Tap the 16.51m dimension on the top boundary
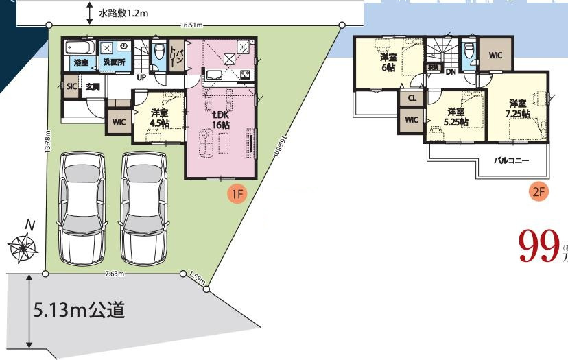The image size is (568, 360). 192,25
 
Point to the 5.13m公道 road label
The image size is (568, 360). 79,311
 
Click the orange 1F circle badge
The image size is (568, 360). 237,194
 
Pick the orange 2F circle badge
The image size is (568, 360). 539,191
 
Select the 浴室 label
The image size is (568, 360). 81,62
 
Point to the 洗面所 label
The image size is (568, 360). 114,62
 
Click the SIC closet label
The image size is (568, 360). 71,86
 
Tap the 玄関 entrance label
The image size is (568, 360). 93,86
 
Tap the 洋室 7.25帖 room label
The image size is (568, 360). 518,107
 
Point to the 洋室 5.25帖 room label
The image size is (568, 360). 454,117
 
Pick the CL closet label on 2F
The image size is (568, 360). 412,98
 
